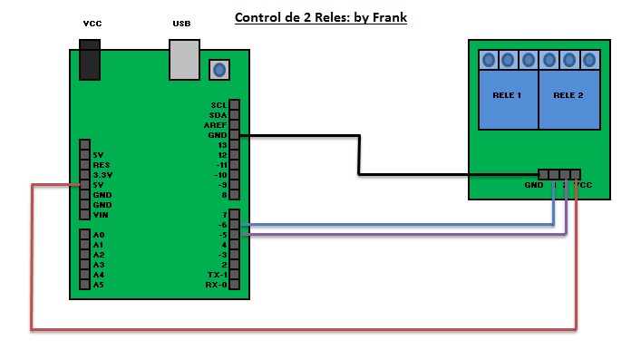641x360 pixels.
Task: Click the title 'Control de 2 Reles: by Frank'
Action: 321,17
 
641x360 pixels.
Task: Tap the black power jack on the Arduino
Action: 91,63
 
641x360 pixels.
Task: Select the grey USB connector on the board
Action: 184,61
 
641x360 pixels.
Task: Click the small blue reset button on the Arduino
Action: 218,68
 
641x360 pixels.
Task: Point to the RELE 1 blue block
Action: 507,96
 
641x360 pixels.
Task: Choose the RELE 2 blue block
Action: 568,96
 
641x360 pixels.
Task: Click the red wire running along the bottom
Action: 299,329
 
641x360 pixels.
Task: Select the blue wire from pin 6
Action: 399,224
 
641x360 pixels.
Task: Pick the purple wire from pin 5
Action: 399,235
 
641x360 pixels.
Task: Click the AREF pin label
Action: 215,125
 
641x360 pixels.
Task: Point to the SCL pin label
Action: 218,105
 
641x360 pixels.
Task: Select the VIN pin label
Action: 101,215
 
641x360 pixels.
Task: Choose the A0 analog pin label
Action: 98,235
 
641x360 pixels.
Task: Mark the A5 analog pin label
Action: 98,285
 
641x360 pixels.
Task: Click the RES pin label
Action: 101,165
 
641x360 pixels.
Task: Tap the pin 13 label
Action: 219,145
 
